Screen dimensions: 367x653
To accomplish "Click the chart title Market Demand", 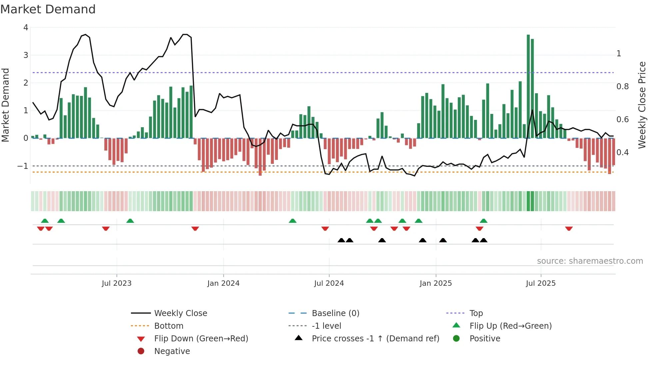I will [48, 9].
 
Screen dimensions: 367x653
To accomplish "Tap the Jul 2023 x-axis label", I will [117, 283].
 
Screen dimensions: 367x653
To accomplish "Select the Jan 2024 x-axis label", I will [223, 283].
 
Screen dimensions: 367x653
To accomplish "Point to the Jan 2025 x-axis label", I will [435, 283].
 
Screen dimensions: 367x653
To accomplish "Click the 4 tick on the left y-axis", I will [26, 28].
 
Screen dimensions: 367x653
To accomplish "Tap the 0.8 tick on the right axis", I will [622, 87].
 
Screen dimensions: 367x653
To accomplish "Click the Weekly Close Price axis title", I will [642, 105].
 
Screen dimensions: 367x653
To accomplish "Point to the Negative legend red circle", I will [141, 351].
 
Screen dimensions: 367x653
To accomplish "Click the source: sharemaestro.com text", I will [590, 261].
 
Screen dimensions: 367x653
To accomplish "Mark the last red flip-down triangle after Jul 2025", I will [569, 228].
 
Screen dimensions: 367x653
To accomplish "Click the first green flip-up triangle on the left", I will [45, 221].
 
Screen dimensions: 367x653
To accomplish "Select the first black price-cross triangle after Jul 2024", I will [341, 240].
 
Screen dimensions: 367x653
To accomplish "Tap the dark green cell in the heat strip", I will [530, 201].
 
